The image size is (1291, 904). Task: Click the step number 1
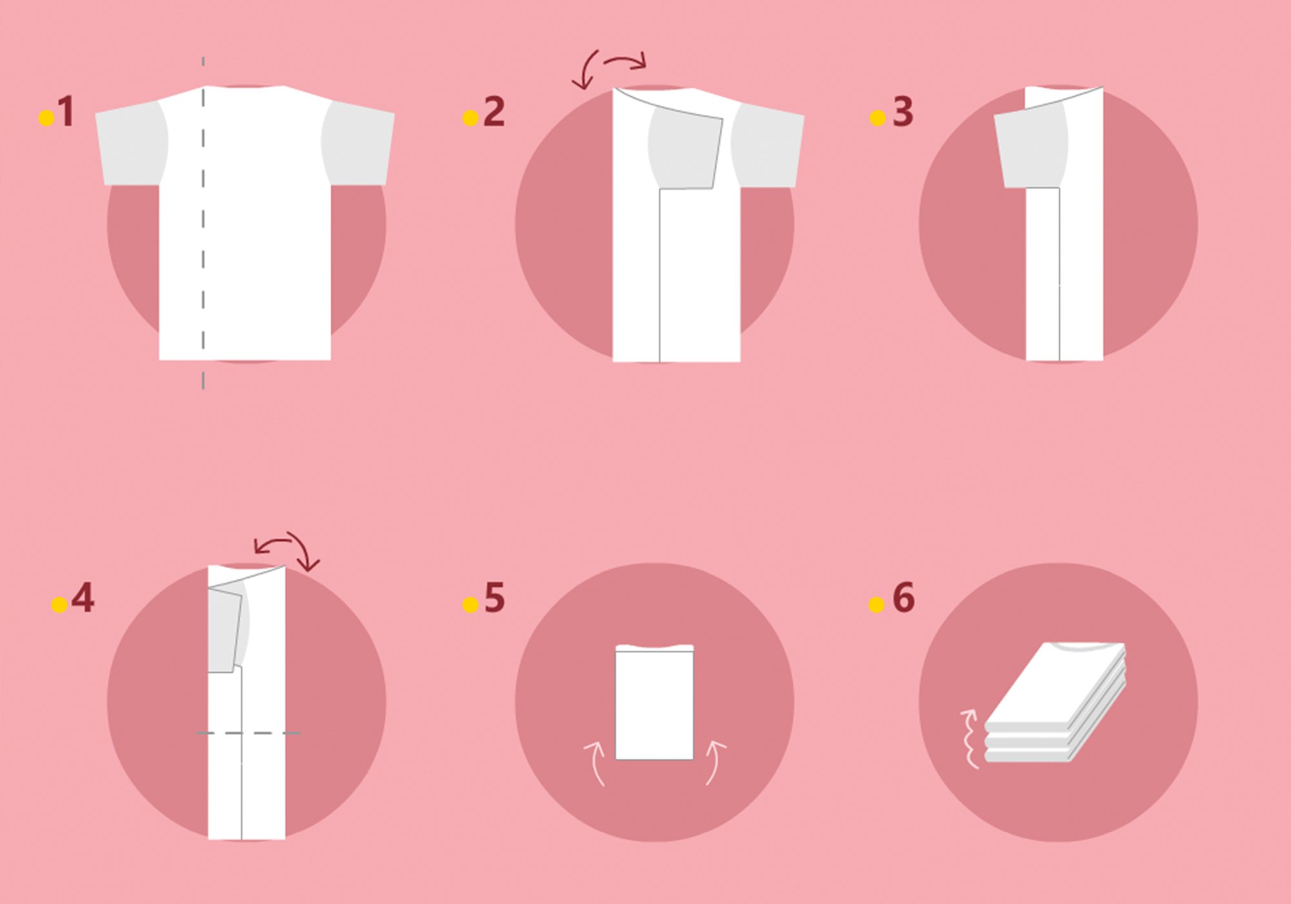coord(66,112)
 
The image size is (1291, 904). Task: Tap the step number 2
coord(494,112)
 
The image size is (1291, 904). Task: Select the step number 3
coord(902,112)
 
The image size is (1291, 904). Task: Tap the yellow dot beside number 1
coord(46,118)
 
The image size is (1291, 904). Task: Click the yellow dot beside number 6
coord(876,604)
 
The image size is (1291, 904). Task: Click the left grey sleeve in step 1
coord(131,145)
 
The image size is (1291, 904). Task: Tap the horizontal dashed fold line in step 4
coord(249,733)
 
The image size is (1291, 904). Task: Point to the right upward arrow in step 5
coord(714,763)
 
